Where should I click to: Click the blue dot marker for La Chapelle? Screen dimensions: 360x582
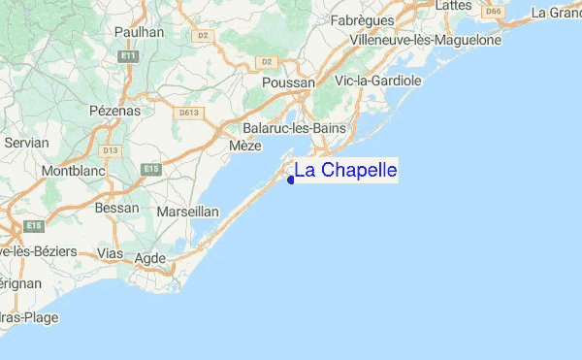[x=291, y=179]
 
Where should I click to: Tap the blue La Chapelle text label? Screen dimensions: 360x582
[x=345, y=171]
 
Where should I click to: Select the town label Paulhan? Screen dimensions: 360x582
[x=140, y=32]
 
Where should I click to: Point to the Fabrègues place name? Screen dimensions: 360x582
[x=389, y=20]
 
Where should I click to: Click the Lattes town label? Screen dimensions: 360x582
[x=453, y=6]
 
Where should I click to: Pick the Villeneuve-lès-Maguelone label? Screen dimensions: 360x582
[x=426, y=40]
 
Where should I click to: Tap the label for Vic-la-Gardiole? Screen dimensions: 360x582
[x=377, y=81]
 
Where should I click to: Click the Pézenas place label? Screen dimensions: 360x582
[x=114, y=111]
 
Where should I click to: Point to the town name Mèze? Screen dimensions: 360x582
[x=245, y=146]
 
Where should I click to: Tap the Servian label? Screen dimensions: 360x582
[x=26, y=142]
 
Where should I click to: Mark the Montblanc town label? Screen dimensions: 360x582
[x=73, y=172]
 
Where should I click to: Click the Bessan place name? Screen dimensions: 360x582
[x=117, y=207]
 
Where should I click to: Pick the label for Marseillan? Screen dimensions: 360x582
[x=190, y=212]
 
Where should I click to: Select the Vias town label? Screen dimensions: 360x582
[x=113, y=253]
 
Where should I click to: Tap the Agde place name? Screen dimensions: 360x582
[x=150, y=258]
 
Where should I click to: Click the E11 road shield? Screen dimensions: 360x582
[x=128, y=58]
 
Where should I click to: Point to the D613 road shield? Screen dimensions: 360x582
[x=189, y=114]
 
